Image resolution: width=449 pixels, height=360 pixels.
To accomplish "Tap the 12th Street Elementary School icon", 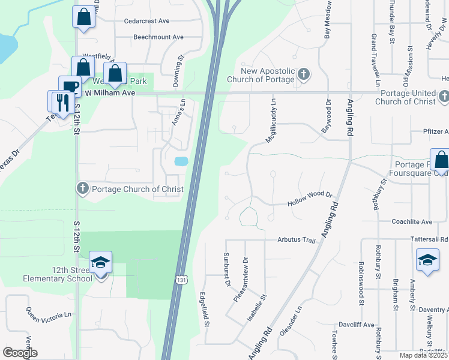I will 100,263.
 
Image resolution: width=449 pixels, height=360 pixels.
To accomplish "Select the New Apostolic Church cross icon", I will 304,74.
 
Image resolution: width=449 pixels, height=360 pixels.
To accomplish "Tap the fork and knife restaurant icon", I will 61,101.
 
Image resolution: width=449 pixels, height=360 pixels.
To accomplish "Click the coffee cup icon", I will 69,87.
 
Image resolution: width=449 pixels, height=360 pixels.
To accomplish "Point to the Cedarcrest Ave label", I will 146,21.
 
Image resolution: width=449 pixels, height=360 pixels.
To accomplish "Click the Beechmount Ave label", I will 158,37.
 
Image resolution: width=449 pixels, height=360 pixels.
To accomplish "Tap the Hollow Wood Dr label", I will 310,197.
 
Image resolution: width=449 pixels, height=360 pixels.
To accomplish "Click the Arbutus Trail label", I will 296,240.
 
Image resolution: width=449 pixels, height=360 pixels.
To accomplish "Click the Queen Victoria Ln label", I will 48,314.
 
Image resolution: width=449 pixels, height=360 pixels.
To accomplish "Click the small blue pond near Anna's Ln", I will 181,161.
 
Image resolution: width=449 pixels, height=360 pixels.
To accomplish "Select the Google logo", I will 20,352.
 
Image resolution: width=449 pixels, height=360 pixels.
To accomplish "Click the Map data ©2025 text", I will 423,355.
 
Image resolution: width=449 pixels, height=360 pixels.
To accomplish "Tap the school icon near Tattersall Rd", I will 427,260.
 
